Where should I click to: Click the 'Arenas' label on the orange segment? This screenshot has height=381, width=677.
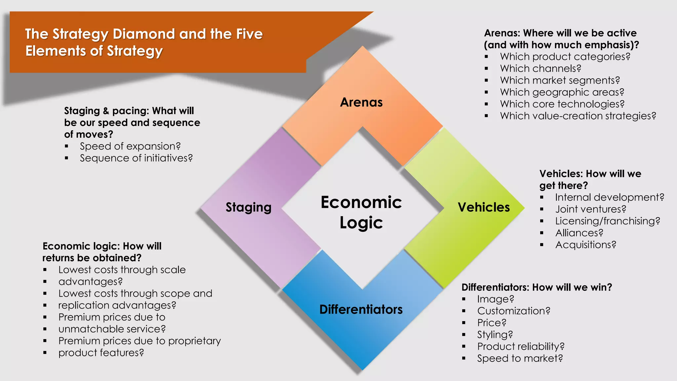pyautogui.click(x=361, y=103)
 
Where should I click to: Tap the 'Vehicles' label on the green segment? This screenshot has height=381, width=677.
pyautogui.click(x=484, y=207)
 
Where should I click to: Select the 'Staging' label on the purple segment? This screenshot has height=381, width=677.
pyautogui.click(x=248, y=207)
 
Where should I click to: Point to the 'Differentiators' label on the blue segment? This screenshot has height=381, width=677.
pyautogui.click(x=361, y=310)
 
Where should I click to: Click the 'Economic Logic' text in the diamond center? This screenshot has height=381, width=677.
pyautogui.click(x=361, y=212)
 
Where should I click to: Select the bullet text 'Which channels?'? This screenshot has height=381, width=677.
pyautogui.click(x=540, y=68)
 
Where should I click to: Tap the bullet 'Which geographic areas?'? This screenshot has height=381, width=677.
pyautogui.click(x=562, y=92)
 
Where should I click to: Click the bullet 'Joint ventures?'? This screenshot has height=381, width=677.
pyautogui.click(x=591, y=209)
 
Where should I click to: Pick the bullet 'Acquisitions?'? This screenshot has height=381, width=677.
pyautogui.click(x=586, y=245)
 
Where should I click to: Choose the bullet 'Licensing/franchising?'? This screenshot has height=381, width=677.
pyautogui.click(x=608, y=221)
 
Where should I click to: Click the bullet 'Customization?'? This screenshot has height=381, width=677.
pyautogui.click(x=514, y=311)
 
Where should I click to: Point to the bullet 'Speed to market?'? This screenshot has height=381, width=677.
pyautogui.click(x=520, y=358)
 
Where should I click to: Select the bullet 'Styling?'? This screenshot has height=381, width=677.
pyautogui.click(x=495, y=335)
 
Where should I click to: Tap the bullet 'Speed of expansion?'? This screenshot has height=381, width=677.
pyautogui.click(x=130, y=146)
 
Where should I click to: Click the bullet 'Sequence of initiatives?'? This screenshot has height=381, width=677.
pyautogui.click(x=136, y=158)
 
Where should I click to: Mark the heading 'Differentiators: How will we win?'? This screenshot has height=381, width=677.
pyautogui.click(x=537, y=287)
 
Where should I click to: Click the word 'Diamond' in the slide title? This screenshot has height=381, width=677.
pyautogui.click(x=143, y=34)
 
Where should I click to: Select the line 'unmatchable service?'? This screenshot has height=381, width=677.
pyautogui.click(x=112, y=329)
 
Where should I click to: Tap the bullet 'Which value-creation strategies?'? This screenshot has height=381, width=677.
pyautogui.click(x=578, y=116)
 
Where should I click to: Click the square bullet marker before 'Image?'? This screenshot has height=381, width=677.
pyautogui.click(x=464, y=299)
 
